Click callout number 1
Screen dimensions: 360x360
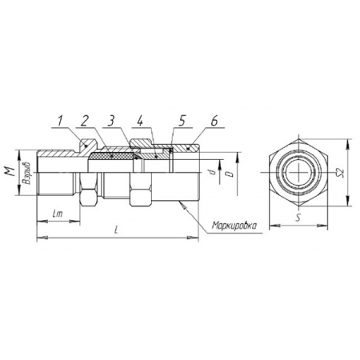point(60,122)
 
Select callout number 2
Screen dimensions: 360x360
point(84,122)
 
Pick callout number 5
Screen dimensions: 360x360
point(182,122)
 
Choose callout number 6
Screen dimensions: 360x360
point(214,122)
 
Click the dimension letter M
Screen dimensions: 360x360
point(10,171)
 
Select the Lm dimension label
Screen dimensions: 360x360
point(58,214)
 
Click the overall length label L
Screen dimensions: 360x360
point(116,230)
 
